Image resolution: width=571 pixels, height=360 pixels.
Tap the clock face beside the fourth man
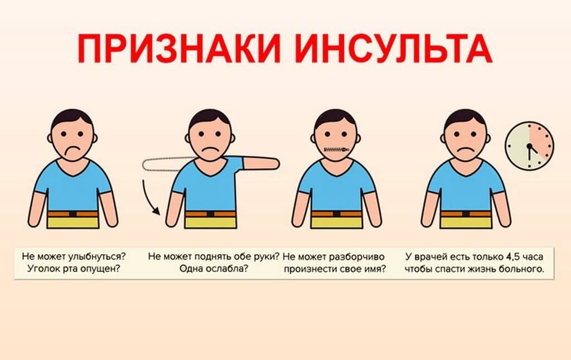coord(529,146)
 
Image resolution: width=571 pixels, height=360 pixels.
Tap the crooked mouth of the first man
coord(73,151)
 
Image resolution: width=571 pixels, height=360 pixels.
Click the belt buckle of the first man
coord(72,213)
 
